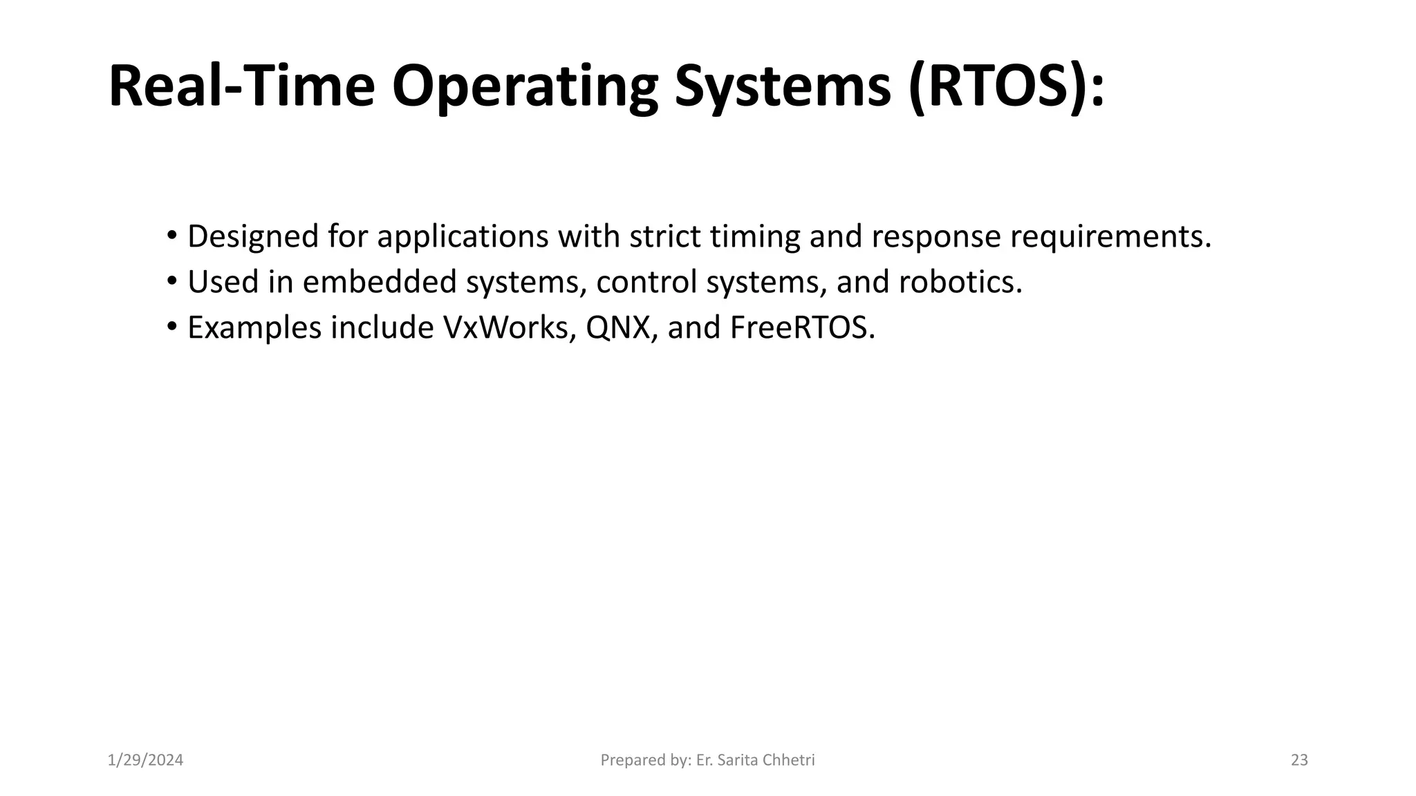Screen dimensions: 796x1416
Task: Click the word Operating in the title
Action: coord(525,86)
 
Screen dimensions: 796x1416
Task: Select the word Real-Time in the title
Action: coord(241,86)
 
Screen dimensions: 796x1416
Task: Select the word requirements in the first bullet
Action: coord(1110,236)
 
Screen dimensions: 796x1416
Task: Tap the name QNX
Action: coord(618,328)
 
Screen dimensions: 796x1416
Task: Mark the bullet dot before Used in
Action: coord(171,281)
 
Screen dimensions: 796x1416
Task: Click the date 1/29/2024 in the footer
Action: coord(146,760)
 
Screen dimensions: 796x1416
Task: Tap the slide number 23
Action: coord(1299,760)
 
